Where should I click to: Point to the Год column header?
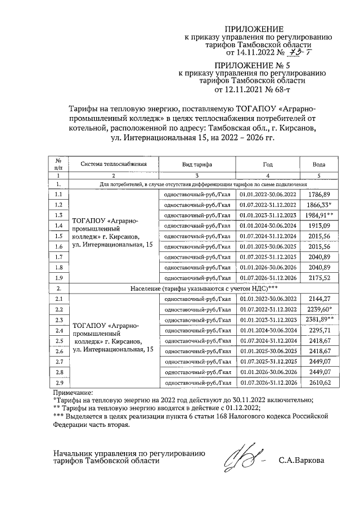267,164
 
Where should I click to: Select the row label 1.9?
58,277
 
